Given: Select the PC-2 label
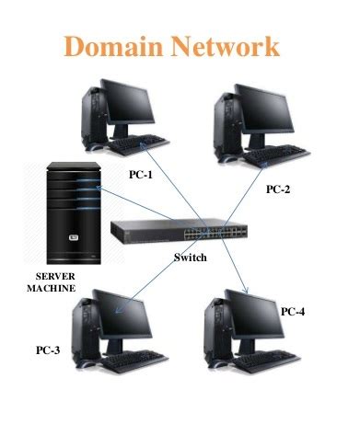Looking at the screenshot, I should pos(278,189).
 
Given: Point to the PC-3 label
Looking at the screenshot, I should pos(48,350).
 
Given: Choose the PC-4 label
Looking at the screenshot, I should pos(293,312).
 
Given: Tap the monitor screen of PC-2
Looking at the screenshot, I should pos(267,109).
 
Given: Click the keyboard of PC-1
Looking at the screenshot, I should pos(138,146).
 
